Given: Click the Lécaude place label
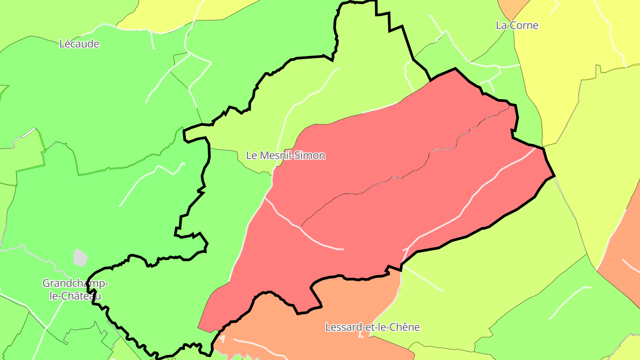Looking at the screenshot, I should [x=79, y=44].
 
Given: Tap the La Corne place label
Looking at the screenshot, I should [x=517, y=25].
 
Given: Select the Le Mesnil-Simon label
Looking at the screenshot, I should [x=286, y=156].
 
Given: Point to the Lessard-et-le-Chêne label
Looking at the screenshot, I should [x=372, y=327].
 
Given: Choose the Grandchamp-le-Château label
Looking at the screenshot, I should [x=75, y=289].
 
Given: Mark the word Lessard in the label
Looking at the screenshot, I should [x=341, y=327].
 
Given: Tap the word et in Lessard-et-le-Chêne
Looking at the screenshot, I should [x=367, y=327].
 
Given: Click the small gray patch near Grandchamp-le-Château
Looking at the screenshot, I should [x=80, y=258].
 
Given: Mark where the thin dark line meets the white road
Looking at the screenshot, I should [x=300, y=227].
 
